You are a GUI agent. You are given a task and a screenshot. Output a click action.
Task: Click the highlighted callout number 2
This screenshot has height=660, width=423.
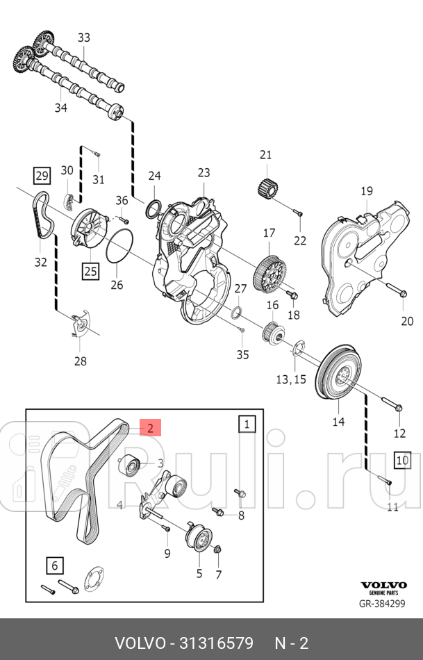tap(150, 427)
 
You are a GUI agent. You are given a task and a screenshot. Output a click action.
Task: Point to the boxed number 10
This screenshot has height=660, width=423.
tap(401, 459)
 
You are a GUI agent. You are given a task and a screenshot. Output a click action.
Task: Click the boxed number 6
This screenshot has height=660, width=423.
tap(55, 566)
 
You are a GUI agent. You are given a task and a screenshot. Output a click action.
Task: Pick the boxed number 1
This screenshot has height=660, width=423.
tap(247, 423)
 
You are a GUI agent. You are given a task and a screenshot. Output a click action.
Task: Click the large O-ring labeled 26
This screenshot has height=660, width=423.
tap(121, 247)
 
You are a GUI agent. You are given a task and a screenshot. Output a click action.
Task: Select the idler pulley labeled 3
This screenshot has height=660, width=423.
tap(130, 463)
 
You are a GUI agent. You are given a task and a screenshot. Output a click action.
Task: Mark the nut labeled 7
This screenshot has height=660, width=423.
tap(217, 551)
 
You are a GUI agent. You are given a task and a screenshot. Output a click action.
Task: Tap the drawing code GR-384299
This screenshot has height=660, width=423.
tap(382, 604)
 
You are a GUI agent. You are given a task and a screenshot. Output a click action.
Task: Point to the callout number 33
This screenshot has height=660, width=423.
tap(83, 38)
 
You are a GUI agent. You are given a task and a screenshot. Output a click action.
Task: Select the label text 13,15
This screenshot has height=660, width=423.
tap(291, 379)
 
